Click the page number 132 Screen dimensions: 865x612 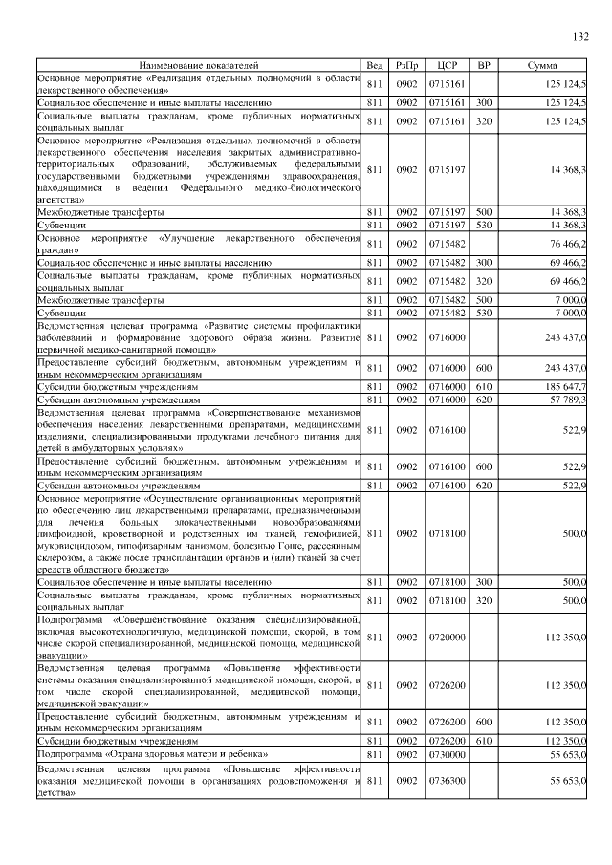point(579,37)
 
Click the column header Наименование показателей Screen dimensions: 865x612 point(200,65)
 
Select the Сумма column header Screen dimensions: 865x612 point(542,65)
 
